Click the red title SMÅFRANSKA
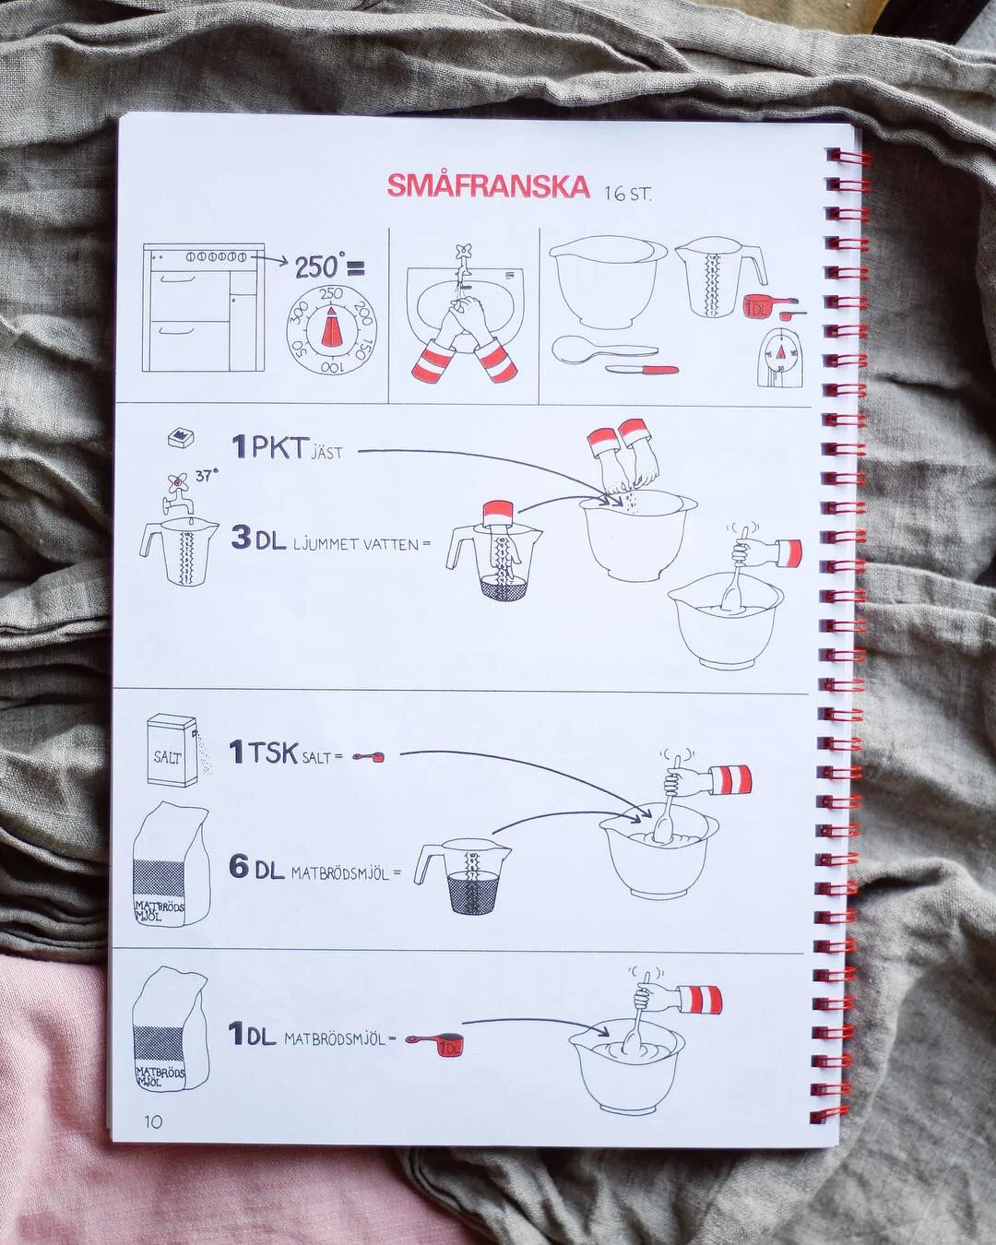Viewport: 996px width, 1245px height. coord(488,186)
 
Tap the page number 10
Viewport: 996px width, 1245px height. coord(153,1121)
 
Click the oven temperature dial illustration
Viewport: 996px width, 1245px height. coord(331,330)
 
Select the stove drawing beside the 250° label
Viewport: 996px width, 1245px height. coord(203,307)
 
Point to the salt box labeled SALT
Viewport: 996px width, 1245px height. coord(172,750)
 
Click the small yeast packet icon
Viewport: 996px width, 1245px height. coord(180,438)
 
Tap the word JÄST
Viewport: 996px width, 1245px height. coord(327,452)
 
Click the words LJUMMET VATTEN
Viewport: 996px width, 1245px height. coord(357,544)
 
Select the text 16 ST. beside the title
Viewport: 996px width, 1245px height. coord(628,194)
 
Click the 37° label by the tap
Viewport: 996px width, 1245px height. coord(207,476)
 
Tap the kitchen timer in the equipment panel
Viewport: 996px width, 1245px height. coord(780,358)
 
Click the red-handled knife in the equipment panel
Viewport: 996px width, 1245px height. coord(643,369)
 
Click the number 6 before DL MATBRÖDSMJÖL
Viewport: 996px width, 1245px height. coord(239,866)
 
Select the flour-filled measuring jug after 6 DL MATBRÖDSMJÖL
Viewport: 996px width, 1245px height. coord(463,876)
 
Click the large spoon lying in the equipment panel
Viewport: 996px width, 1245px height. coord(605,350)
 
